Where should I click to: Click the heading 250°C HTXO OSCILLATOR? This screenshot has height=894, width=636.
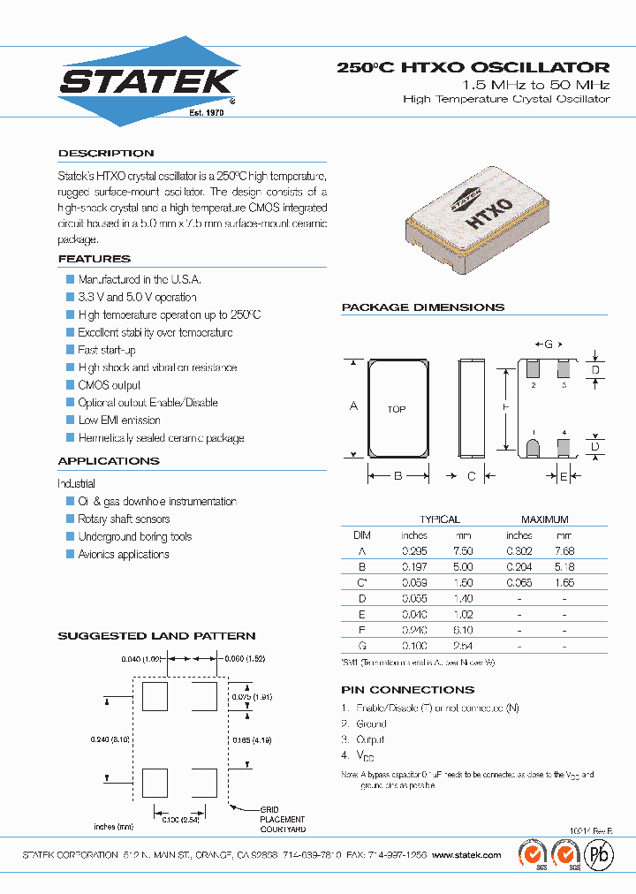click(x=473, y=67)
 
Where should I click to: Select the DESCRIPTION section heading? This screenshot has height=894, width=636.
click(x=106, y=153)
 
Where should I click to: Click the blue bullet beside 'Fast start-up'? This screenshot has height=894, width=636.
click(x=70, y=350)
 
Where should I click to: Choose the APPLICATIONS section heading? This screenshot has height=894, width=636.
click(x=109, y=461)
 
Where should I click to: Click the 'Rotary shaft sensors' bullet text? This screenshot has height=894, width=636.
click(x=124, y=519)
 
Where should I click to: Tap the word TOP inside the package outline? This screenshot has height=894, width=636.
click(x=397, y=409)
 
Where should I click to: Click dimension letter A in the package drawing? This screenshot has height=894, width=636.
click(x=353, y=406)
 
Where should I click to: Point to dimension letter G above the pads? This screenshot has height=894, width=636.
click(x=548, y=344)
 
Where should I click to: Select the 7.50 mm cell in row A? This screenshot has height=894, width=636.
click(x=464, y=551)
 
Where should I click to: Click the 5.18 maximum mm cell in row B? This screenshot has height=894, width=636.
click(x=564, y=567)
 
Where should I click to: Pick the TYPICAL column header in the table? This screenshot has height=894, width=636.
click(x=439, y=519)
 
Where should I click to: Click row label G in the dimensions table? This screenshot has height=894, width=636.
click(x=361, y=647)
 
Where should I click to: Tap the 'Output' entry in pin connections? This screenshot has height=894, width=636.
click(x=370, y=739)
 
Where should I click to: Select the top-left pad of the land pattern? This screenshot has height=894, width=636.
click(x=155, y=695)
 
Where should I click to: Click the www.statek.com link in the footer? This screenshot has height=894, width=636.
click(x=468, y=855)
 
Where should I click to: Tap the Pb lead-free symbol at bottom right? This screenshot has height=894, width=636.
click(x=598, y=855)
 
